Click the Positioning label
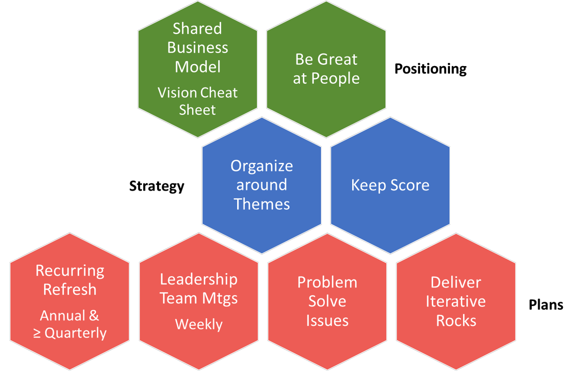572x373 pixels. (430, 69)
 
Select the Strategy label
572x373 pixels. (157, 186)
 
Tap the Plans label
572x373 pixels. (546, 305)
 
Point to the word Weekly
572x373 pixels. (199, 324)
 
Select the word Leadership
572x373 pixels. (199, 279)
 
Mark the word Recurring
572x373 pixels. (70, 271)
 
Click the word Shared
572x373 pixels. (197, 29)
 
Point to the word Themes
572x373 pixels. (262, 204)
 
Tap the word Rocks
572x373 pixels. (456, 321)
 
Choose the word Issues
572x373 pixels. (327, 321)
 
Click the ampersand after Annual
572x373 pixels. (93, 316)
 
